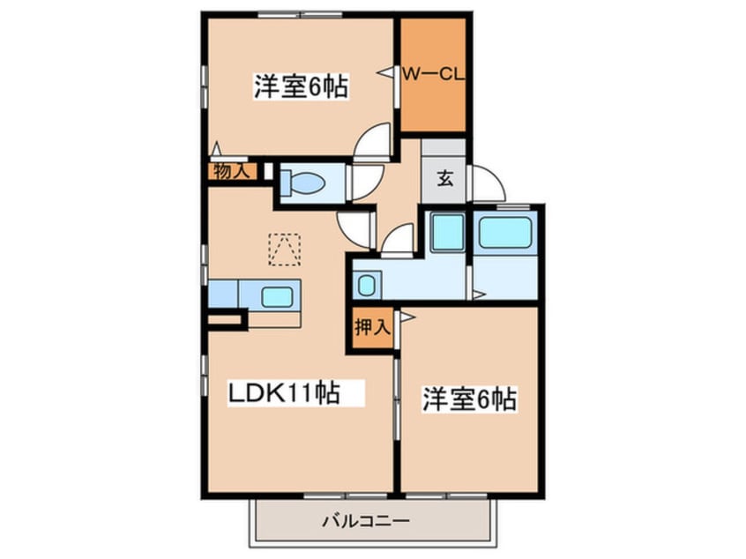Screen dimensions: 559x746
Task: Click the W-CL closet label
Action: [433, 74]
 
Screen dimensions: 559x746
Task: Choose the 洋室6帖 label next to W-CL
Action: [300, 87]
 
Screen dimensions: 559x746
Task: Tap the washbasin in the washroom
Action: [367, 284]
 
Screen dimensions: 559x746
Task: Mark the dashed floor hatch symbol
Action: [284, 249]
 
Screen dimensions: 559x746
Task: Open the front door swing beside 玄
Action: [488, 183]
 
